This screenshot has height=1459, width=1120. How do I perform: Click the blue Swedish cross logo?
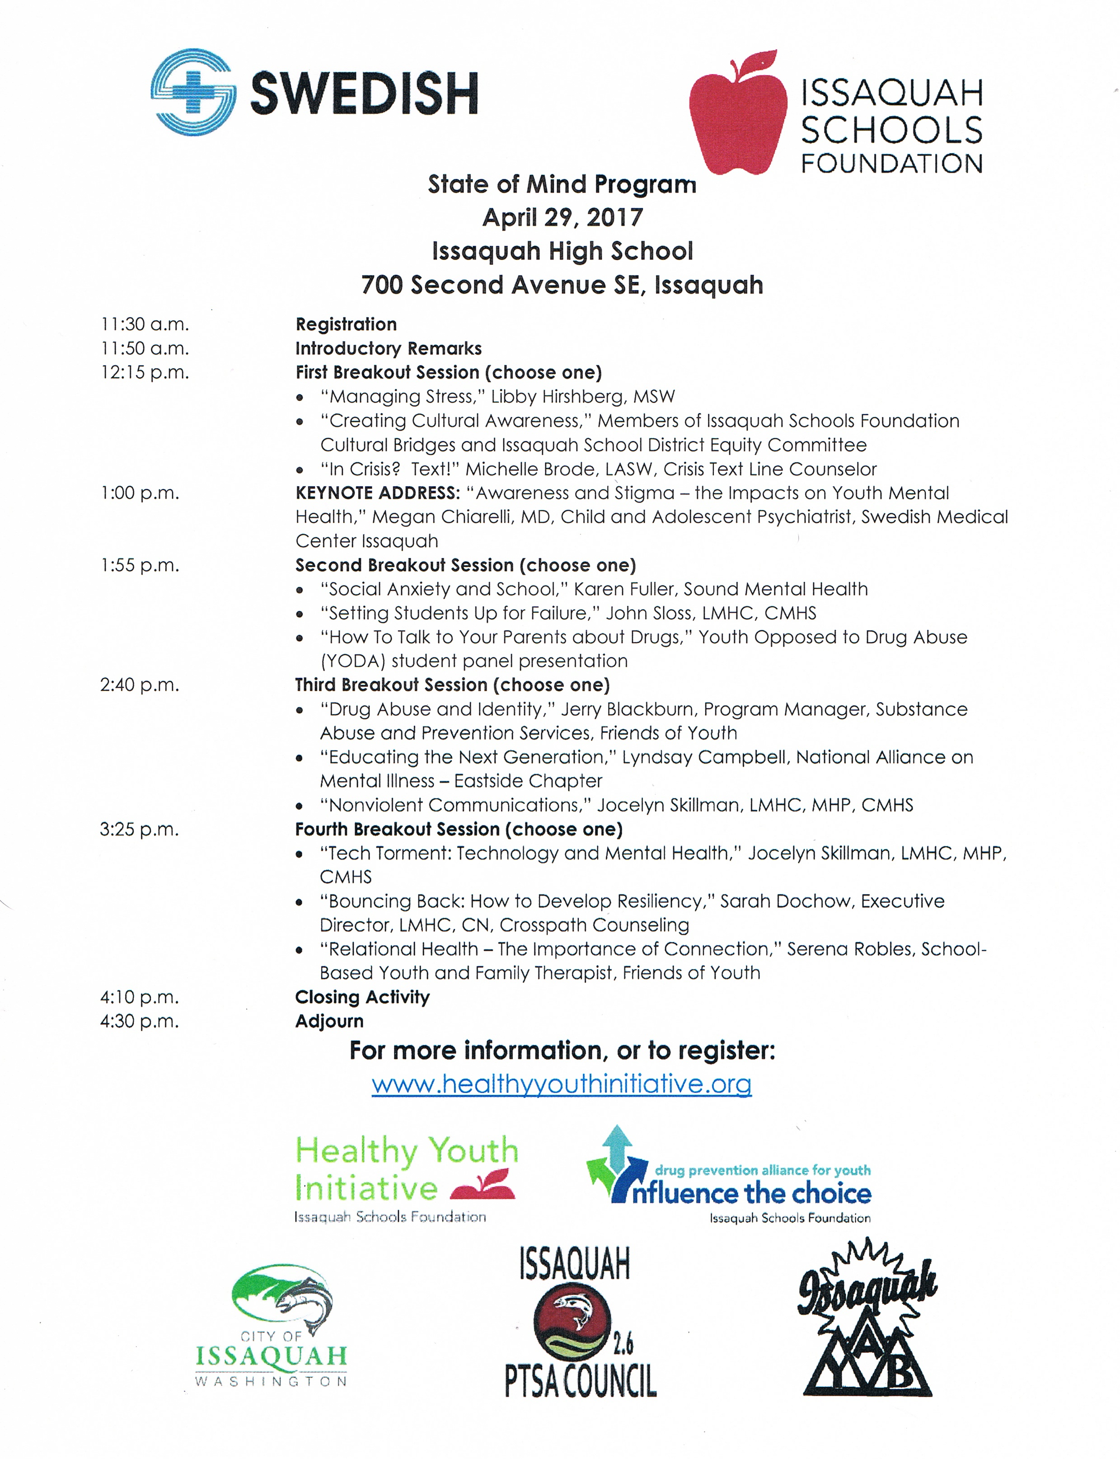[x=192, y=92]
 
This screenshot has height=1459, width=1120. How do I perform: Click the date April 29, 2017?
[x=562, y=217]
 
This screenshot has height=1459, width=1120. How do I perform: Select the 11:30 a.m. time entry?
[x=145, y=325]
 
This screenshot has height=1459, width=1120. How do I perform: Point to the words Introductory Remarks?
[x=388, y=349]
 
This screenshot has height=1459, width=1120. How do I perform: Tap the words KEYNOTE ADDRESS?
[x=377, y=493]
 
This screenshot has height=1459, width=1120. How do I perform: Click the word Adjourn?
[x=329, y=1022]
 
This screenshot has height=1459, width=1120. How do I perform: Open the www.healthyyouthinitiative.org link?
[x=561, y=1084]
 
